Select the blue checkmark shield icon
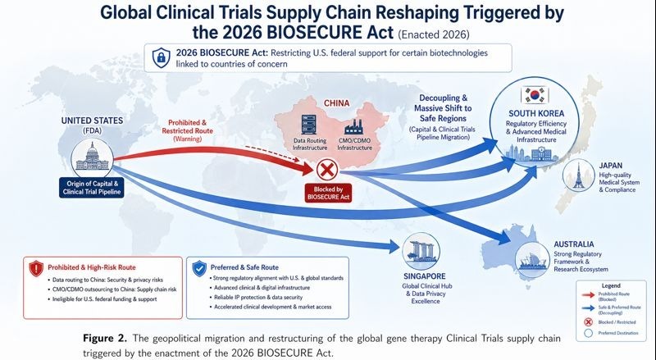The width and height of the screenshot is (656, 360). [x=198, y=267]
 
